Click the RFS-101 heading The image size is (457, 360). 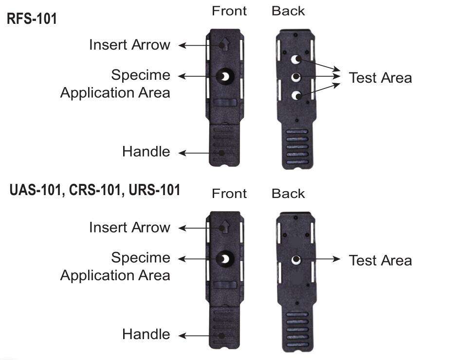pos(32,19)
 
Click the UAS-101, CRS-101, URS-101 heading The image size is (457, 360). pos(95,190)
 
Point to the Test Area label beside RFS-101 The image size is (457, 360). pos(380,78)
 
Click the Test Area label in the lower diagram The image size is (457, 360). pos(380,260)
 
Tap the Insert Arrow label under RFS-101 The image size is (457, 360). pos(129,45)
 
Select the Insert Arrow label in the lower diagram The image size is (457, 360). pos(129,227)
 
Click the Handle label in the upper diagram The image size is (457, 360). pos(146,152)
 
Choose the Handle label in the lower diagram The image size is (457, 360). pos(146,334)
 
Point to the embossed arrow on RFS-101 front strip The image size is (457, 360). pos(224,44)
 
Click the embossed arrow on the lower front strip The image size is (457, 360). pos(224,227)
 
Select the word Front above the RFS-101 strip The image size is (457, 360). pos(229,11)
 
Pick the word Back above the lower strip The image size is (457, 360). pos(288,194)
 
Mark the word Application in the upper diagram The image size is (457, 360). pos(90,93)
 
